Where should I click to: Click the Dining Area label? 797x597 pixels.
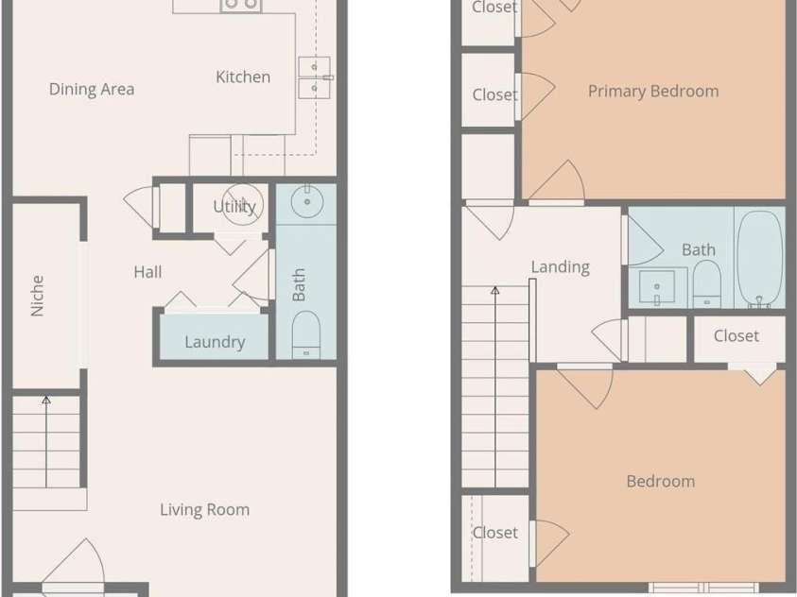tap(92, 90)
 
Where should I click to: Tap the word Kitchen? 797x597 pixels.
tap(243, 77)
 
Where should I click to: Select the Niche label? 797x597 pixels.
tap(37, 296)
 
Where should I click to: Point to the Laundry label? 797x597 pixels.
tap(215, 342)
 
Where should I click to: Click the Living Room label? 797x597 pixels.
tap(205, 510)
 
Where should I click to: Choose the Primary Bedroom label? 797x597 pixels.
tap(653, 92)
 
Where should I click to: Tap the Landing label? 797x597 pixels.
tap(561, 267)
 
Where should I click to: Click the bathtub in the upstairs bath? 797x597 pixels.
tap(761, 259)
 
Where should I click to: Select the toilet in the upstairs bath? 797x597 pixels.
tap(706, 283)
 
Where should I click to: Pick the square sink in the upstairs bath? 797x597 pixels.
tap(657, 287)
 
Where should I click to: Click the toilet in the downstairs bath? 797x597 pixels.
tap(306, 334)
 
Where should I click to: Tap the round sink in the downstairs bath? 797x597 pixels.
tap(307, 201)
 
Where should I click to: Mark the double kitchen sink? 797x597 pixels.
tap(314, 77)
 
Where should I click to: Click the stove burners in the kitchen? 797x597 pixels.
tap(241, 5)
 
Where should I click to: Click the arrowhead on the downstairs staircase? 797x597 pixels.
tap(46, 400)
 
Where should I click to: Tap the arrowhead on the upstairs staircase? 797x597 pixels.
tap(495, 290)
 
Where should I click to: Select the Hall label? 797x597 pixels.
tap(147, 272)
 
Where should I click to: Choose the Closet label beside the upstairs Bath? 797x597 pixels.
tap(736, 336)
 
